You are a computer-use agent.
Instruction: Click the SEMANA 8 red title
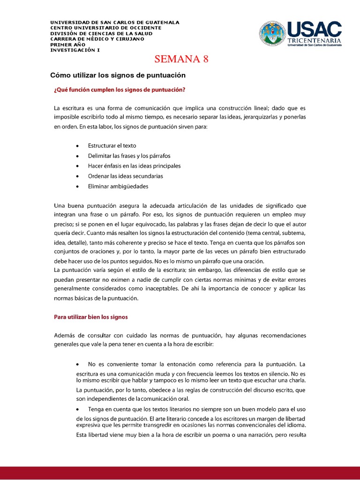click(181, 59)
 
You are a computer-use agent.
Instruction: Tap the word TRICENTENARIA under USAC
click(314, 40)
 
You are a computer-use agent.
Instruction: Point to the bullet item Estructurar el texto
click(112, 146)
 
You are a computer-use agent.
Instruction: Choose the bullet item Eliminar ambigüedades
click(118, 186)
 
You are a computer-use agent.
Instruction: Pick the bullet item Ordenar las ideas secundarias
click(125, 176)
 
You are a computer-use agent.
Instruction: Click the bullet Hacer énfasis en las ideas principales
click(134, 166)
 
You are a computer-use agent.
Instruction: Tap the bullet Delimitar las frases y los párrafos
click(129, 156)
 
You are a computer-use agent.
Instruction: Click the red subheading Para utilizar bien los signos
click(91, 317)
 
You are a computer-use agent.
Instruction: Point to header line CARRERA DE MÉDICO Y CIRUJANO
click(97, 39)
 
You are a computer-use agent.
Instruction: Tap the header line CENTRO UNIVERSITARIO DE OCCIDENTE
click(105, 28)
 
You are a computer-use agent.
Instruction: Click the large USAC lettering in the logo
click(314, 29)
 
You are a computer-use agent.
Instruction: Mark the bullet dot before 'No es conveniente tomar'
click(77, 364)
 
